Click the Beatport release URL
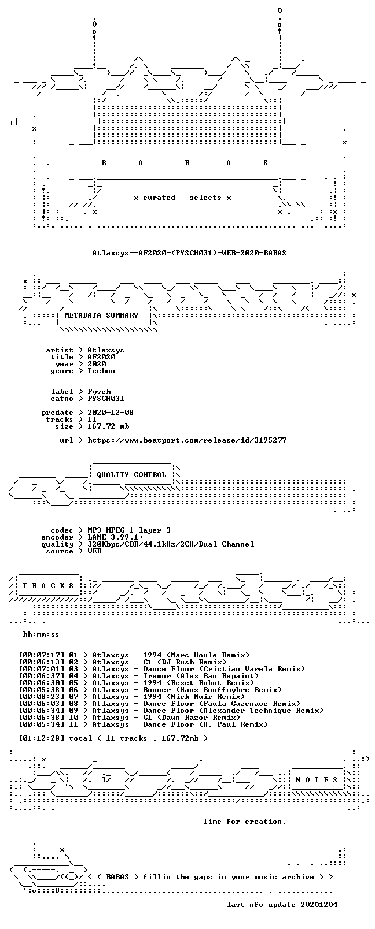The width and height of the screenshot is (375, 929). [x=187, y=440]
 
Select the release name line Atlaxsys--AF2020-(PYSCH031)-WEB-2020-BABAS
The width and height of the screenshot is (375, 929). [x=189, y=252]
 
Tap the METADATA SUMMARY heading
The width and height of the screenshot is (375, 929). [x=101, y=315]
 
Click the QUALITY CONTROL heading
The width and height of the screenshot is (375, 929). [x=131, y=474]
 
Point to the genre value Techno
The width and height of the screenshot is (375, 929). [x=101, y=371]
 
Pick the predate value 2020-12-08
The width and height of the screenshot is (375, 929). [x=111, y=413]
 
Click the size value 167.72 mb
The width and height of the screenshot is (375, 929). [x=108, y=426]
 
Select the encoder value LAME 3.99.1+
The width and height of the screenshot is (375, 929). [x=115, y=537]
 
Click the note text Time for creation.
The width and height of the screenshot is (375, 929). [x=245, y=821]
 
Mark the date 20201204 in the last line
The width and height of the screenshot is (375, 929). [x=319, y=905]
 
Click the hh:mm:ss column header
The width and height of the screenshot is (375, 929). [x=41, y=634]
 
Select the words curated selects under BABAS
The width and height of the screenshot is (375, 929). [x=182, y=198]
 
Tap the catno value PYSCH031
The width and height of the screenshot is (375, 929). [x=106, y=399]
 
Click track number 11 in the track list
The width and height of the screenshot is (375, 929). [x=73, y=724]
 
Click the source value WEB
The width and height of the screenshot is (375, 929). [x=94, y=551]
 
